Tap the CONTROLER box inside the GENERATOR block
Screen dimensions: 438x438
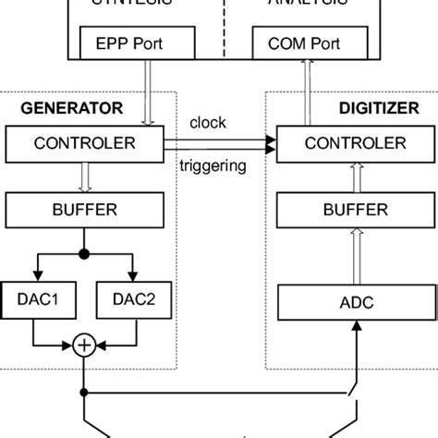click(84, 143)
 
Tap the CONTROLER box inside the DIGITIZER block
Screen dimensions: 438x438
click(341, 143)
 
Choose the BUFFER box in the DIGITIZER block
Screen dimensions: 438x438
click(341, 210)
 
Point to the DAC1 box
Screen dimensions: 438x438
click(37, 298)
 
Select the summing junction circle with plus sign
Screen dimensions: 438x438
click(84, 345)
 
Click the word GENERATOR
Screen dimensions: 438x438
click(71, 107)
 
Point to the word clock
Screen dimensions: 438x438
click(207, 122)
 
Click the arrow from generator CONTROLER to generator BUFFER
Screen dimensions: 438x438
click(84, 175)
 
